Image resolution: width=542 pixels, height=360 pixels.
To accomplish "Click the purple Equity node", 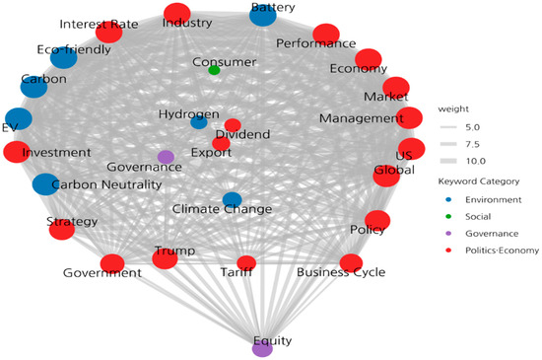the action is tap(262, 348).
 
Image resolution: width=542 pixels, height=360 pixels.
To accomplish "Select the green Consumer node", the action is tap(214, 70).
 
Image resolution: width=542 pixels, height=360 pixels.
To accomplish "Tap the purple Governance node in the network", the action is tap(166, 157).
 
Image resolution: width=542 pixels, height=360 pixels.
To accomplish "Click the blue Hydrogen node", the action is tap(199, 122).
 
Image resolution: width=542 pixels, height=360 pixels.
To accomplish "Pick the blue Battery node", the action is tap(263, 15).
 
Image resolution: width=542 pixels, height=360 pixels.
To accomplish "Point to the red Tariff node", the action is tap(246, 262).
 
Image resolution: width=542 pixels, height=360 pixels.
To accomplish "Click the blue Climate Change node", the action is tap(233, 199).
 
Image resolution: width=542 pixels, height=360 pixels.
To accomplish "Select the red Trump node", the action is tap(165, 258).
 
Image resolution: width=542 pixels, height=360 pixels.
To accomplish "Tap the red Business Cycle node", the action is tap(351, 263).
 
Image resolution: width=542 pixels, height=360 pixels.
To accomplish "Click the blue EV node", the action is tap(19, 118).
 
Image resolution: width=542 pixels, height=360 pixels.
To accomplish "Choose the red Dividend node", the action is tap(233, 125).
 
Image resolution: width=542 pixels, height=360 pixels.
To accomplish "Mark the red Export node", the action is tap(221, 144).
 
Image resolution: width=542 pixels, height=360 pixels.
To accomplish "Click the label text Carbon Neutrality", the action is tap(106, 184).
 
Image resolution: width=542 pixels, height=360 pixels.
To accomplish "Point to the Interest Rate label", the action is tap(99, 25).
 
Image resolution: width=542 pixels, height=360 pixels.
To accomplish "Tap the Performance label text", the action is tap(316, 43).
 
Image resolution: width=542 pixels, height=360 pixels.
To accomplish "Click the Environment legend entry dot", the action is tap(448, 199).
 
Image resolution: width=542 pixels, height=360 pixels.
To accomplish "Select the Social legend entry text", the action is tap(478, 216).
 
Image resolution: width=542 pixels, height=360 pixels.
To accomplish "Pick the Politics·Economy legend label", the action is tap(503, 251).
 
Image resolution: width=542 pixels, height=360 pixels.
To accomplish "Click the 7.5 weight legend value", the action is tap(472, 144).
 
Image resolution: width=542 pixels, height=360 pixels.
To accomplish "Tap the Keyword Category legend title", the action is tap(479, 181).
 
